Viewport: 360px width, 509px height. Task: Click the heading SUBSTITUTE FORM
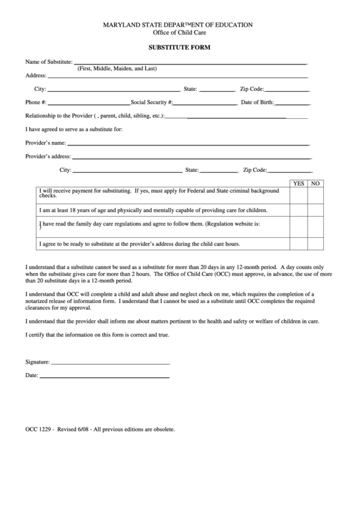[180, 48]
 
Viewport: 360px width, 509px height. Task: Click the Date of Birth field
[291, 103]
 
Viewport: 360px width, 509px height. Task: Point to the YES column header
[298, 183]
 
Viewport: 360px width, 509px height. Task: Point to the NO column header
[314, 183]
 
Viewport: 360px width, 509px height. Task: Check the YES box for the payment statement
[298, 194]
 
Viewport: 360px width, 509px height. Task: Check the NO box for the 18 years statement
[314, 210]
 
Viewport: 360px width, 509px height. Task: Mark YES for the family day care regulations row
[298, 226]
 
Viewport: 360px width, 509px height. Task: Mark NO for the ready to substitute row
[314, 243]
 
